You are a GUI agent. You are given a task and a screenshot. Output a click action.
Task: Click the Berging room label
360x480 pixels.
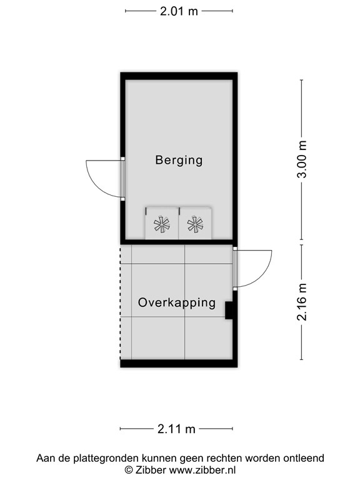pyautogui.click(x=179, y=160)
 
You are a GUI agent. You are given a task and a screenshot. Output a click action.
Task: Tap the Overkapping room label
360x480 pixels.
pyautogui.click(x=177, y=303)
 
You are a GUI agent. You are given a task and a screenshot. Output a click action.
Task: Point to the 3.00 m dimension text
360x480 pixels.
pyautogui.click(x=302, y=159)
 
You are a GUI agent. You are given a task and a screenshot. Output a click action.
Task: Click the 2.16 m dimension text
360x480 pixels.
pyautogui.click(x=302, y=302)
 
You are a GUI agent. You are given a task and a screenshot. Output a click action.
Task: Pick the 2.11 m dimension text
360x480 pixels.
pyautogui.click(x=176, y=429)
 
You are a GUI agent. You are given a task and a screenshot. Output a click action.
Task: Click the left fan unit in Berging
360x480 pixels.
pyautogui.click(x=162, y=225)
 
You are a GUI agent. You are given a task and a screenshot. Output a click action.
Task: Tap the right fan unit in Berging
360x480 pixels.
pyautogui.click(x=196, y=225)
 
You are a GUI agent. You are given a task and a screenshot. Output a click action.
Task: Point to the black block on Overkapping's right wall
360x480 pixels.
pyautogui.click(x=229, y=310)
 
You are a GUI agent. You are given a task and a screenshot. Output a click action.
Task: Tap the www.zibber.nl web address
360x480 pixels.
pyautogui.click(x=202, y=469)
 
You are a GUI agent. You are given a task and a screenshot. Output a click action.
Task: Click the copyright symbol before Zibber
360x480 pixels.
pyautogui.click(x=129, y=469)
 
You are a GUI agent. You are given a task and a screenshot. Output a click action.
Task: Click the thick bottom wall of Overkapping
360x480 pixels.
pyautogui.click(x=179, y=364)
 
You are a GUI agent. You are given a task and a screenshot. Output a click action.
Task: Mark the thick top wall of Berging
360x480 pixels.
pyautogui.click(x=179, y=76)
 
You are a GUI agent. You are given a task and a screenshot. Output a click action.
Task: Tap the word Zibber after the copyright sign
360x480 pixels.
pyautogui.click(x=151, y=469)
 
